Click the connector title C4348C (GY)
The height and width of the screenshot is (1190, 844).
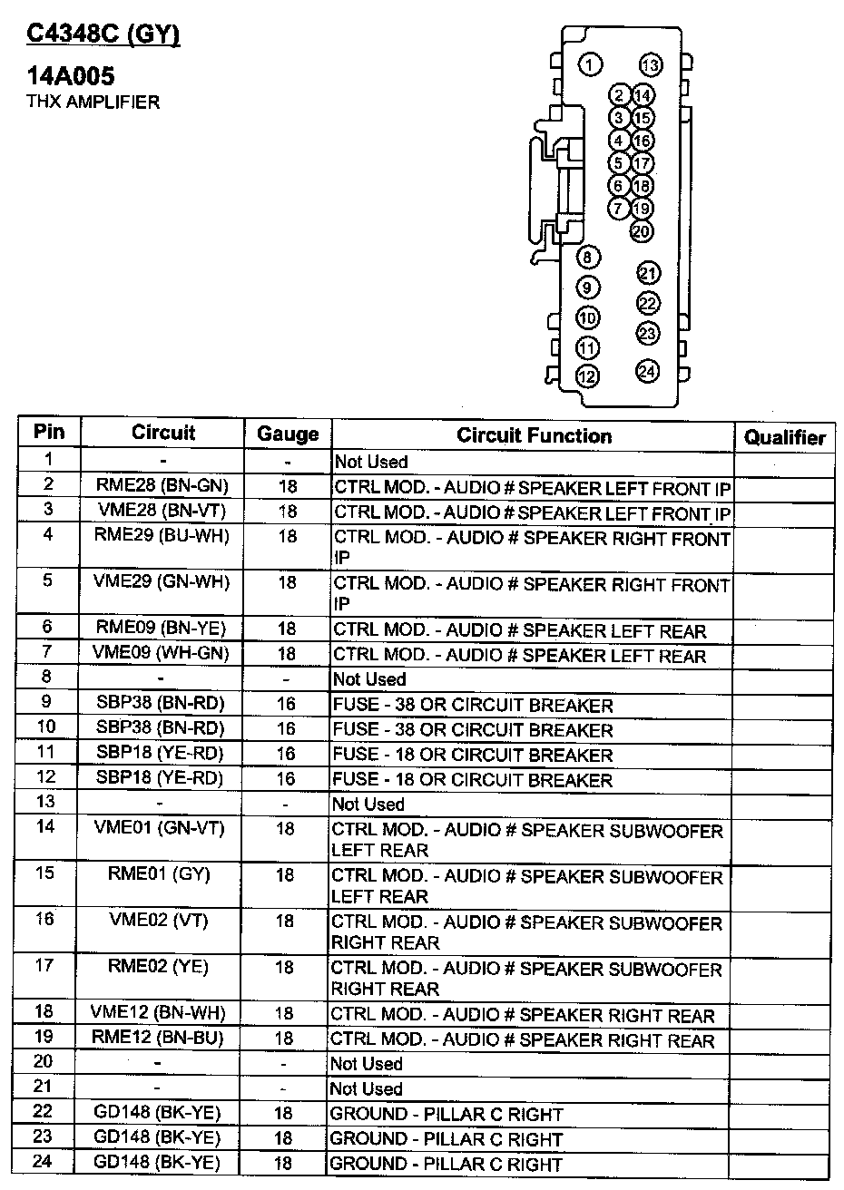click(103, 34)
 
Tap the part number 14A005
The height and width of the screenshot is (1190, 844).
click(71, 76)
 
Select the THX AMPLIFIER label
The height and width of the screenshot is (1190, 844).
click(93, 102)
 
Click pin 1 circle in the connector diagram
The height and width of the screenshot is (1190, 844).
click(590, 63)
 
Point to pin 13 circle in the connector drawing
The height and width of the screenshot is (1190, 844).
click(650, 64)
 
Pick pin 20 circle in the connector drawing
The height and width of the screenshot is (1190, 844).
click(642, 231)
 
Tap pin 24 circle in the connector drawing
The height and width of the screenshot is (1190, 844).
click(647, 370)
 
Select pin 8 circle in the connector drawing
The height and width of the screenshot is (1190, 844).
click(588, 258)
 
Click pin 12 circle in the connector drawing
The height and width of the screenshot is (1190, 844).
click(588, 376)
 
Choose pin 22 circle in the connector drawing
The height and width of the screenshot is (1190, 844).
click(647, 303)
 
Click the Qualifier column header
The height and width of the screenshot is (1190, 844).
click(784, 438)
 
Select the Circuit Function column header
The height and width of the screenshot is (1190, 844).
click(534, 435)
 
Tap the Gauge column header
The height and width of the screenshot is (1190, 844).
click(288, 434)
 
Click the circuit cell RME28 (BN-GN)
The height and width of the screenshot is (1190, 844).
click(162, 486)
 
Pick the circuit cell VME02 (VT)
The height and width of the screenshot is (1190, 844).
click(159, 920)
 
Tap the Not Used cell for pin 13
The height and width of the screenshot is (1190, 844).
click(368, 805)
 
